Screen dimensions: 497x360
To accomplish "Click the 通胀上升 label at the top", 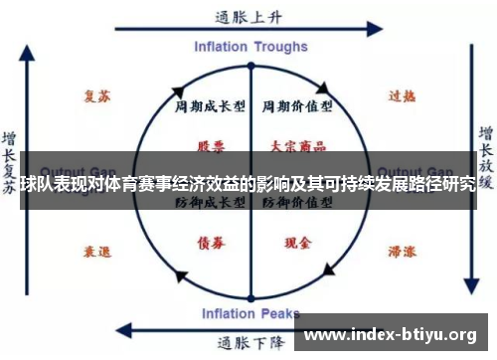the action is point(248,17).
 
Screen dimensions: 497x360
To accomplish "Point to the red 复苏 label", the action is point(96,95).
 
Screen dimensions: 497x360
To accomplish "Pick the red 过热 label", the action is point(401,95).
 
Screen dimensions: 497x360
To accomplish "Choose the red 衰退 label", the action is point(96,253).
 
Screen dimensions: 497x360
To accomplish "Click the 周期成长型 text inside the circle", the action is point(210,105).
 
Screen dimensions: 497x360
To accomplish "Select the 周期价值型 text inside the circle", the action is point(295,105).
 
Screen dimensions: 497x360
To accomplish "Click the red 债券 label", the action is point(210,242).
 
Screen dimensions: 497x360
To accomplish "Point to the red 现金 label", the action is point(295,242).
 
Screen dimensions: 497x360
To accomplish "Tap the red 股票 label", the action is point(210,145).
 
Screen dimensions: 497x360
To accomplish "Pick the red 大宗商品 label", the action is point(295,145).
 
